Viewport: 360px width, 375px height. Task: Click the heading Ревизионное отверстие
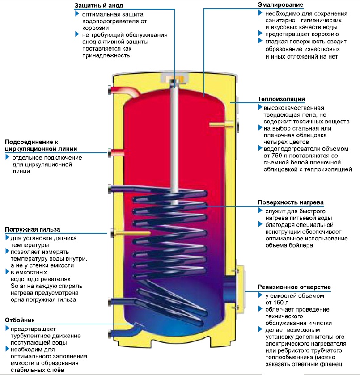294,287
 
